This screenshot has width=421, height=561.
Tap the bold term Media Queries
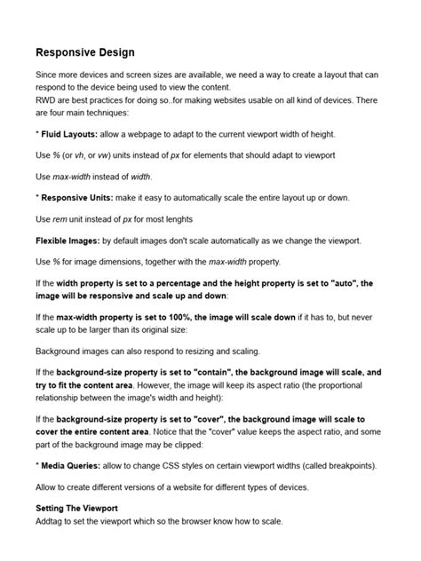72,465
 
